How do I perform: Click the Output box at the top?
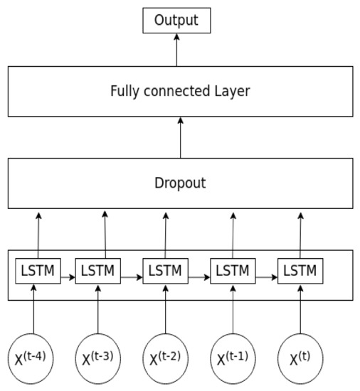pos(177,20)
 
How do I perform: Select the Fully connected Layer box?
pos(180,91)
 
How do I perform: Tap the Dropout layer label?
pos(180,183)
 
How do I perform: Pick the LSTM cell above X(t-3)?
pos(98,271)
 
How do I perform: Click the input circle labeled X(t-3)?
pos(99,358)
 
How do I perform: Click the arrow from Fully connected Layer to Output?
pos(177,49)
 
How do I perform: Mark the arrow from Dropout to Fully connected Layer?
pos(180,137)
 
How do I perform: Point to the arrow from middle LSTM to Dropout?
pos(166,235)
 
